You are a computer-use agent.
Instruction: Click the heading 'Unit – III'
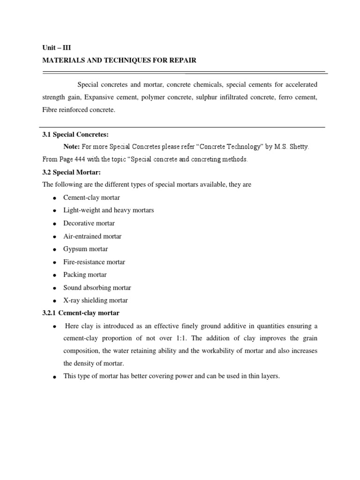pyautogui.click(x=56, y=47)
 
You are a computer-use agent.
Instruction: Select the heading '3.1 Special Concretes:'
pyautogui.click(x=75, y=134)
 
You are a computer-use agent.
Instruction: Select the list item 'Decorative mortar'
pyautogui.click(x=89, y=224)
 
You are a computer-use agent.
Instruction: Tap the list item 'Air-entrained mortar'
pyautogui.click(x=92, y=236)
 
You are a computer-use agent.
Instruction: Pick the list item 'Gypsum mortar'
pyautogui.click(x=85, y=249)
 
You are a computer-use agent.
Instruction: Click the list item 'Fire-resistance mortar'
pyautogui.click(x=94, y=262)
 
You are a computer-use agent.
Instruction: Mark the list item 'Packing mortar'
pyautogui.click(x=85, y=275)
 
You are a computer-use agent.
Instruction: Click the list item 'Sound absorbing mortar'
pyautogui.click(x=97, y=287)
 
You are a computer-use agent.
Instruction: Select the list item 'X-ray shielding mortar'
pyautogui.click(x=96, y=300)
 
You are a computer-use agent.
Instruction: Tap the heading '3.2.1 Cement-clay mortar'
pyautogui.click(x=81, y=313)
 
